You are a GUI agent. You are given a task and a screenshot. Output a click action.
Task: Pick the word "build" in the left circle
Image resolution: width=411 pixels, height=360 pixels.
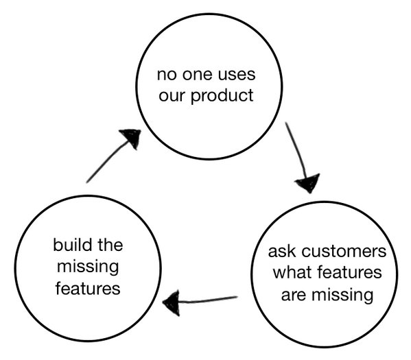point(72,245)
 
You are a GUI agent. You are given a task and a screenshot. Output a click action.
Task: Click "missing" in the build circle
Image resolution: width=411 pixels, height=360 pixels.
point(86,267)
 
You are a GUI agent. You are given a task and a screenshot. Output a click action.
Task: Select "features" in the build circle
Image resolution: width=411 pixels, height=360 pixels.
point(86,289)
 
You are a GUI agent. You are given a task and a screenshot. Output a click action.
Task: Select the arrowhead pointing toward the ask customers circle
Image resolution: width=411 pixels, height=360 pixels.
point(307,182)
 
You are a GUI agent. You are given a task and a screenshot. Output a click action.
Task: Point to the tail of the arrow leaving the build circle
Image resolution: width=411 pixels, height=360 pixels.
point(88,181)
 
